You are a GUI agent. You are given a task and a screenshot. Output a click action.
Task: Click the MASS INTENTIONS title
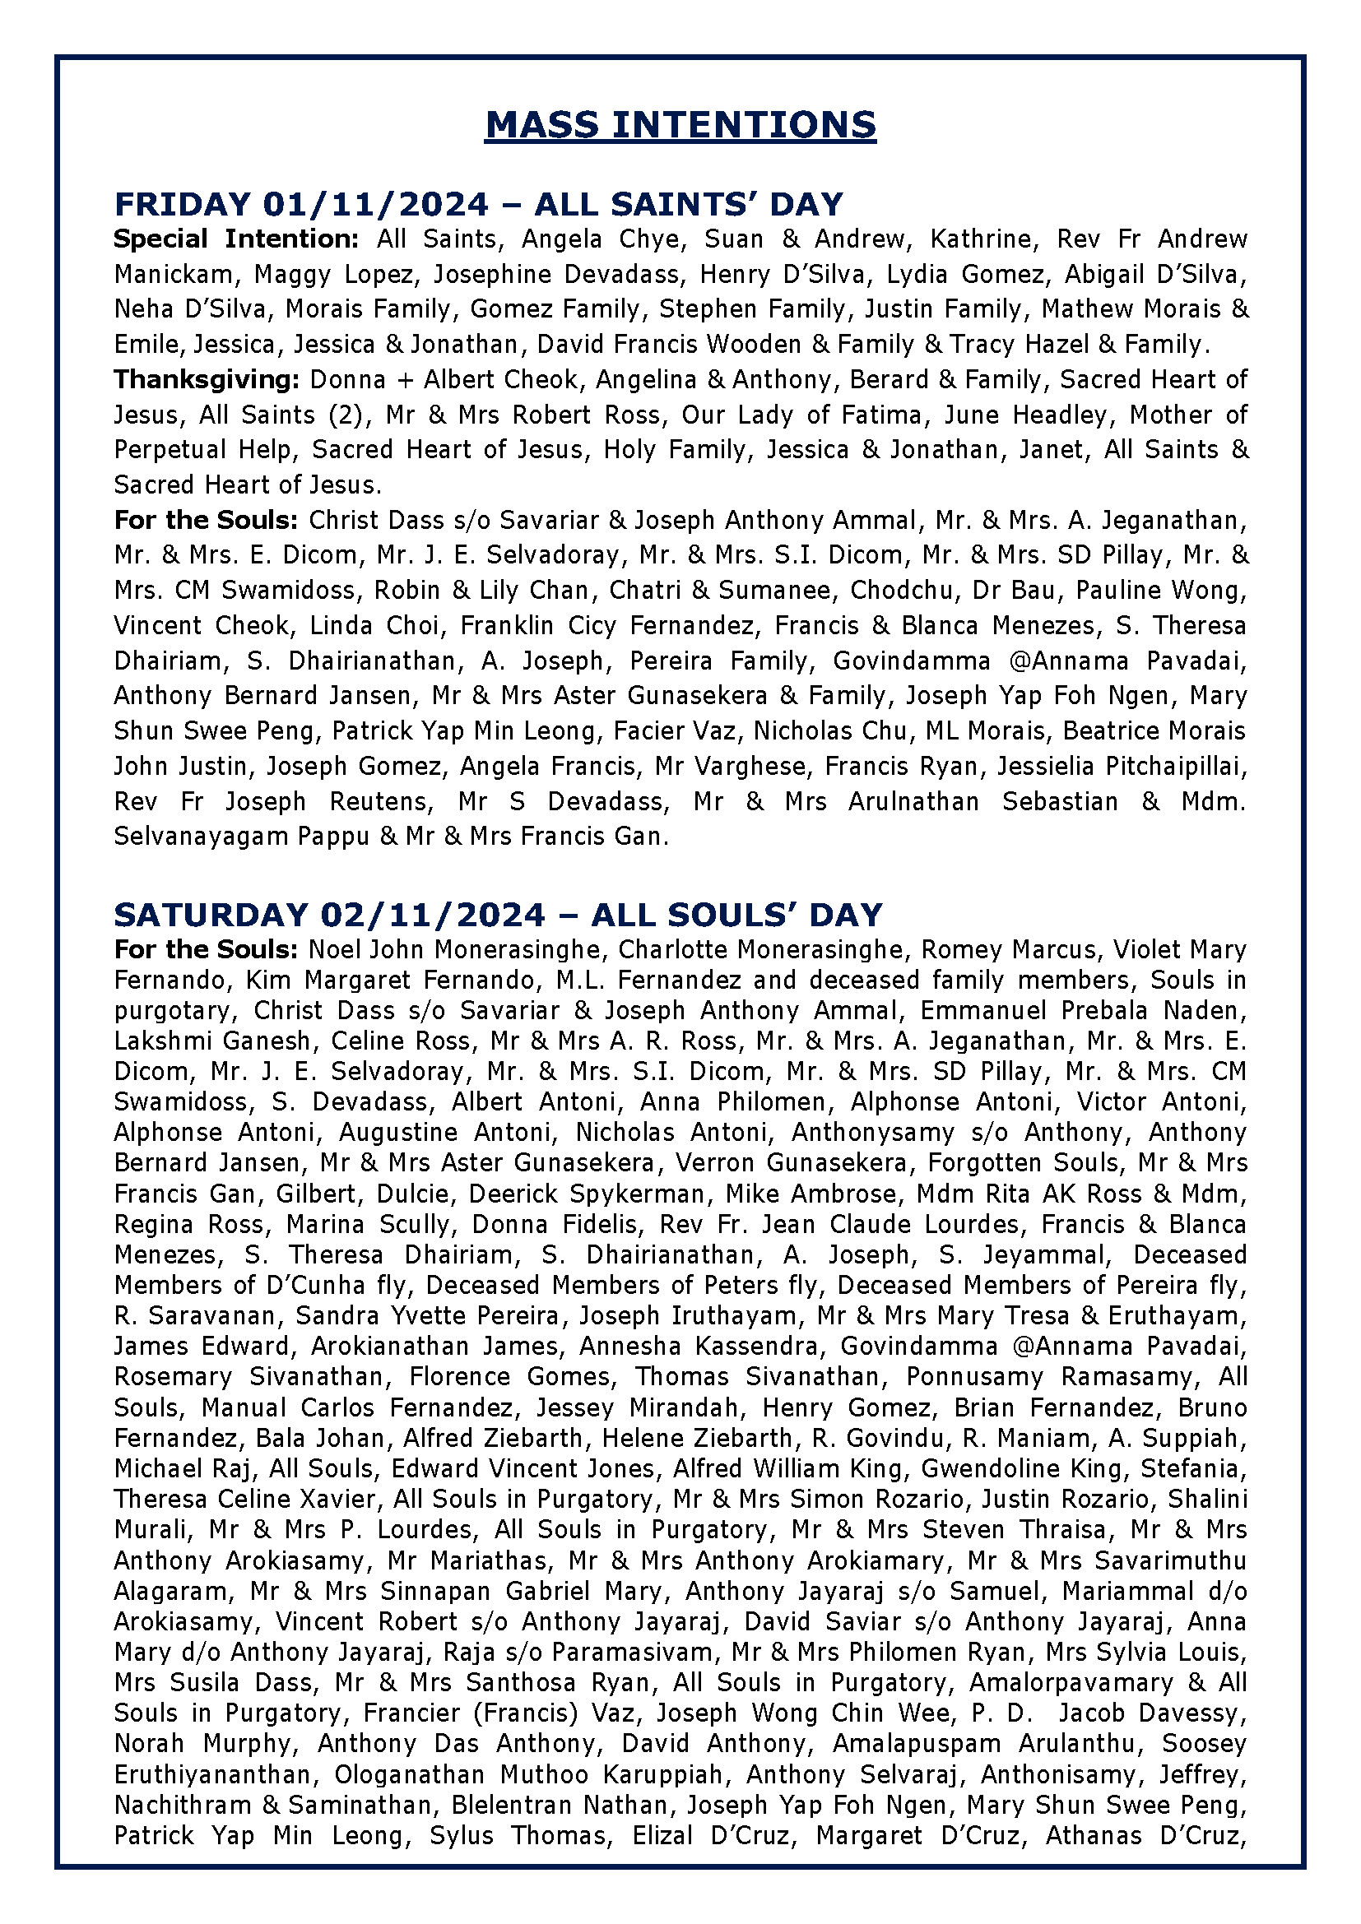tap(680, 125)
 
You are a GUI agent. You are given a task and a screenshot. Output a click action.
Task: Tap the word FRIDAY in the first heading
tap(182, 205)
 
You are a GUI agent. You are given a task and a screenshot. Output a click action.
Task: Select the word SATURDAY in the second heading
tap(211, 914)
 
